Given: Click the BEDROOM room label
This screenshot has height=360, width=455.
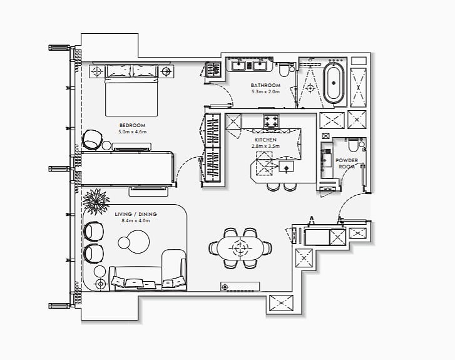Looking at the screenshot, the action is [132, 125].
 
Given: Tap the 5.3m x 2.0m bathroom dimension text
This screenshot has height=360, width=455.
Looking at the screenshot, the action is [265, 92].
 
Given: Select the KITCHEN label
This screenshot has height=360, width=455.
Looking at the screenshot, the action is [265, 140].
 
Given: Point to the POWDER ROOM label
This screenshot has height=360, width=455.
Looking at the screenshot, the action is [347, 163].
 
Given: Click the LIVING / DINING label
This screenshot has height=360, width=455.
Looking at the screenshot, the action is [136, 214].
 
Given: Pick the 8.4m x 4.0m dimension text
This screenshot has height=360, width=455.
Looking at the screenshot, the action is [136, 220].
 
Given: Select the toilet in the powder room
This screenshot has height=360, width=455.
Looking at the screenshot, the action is [354, 146].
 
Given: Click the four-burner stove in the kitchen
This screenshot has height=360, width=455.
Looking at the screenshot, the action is [271, 121].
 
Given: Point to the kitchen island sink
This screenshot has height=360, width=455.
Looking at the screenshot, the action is [286, 167].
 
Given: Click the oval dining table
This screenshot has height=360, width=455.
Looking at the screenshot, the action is [240, 248].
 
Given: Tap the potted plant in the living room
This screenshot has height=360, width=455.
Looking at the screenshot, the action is [96, 201].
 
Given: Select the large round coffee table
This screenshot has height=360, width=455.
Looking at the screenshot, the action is [138, 242].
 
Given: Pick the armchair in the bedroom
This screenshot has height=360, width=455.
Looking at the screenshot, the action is [93, 140].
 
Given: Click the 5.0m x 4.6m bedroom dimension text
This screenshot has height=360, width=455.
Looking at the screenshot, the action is [132, 132].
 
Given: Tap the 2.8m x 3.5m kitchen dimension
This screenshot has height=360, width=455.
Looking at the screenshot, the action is [265, 146].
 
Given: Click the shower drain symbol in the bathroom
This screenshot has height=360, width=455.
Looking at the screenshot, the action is [310, 88].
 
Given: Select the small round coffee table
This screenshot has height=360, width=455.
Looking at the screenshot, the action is [124, 243].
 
